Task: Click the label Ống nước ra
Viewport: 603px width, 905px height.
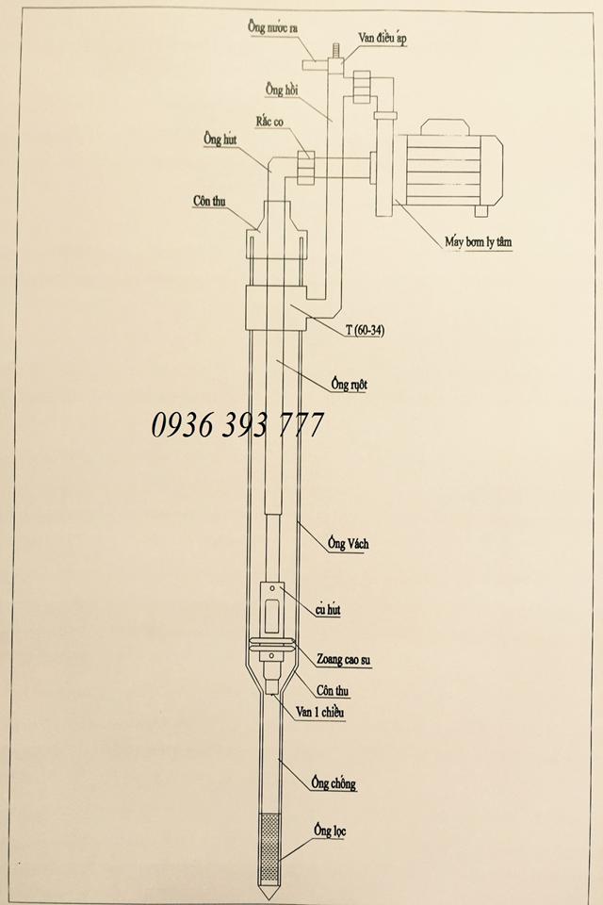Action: click(x=273, y=27)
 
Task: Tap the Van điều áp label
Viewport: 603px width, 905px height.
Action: click(x=383, y=38)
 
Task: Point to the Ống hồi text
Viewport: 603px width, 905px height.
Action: click(x=283, y=90)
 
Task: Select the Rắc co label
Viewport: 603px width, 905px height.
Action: click(x=270, y=122)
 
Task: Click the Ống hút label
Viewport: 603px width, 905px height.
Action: click(x=220, y=140)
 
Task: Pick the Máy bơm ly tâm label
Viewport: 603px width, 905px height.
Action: click(x=479, y=242)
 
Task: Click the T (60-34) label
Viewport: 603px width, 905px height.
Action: click(x=366, y=330)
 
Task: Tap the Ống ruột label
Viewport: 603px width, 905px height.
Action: click(x=350, y=384)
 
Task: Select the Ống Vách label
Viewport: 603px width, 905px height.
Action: click(x=348, y=543)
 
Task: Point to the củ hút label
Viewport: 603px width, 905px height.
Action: click(x=328, y=610)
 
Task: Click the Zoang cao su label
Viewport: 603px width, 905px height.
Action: click(x=343, y=659)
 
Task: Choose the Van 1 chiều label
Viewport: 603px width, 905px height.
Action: click(x=319, y=713)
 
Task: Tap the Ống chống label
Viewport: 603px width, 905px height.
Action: click(x=334, y=783)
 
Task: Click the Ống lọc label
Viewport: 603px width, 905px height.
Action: click(x=330, y=831)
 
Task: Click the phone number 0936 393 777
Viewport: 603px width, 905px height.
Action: click(x=237, y=425)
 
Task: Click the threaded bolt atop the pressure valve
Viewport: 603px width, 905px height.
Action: click(x=334, y=50)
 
